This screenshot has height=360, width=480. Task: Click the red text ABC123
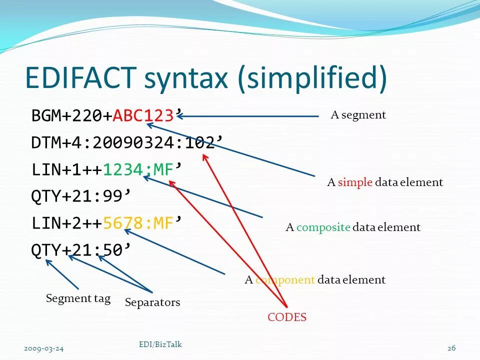142,116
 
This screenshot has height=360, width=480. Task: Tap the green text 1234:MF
137,170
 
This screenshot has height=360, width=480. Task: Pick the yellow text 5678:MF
137,223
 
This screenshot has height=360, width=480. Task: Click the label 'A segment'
358,115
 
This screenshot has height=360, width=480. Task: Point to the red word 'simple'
355,182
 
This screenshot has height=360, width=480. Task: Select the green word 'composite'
323,227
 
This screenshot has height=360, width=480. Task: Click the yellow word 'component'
285,280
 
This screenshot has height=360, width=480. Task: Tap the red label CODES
287,317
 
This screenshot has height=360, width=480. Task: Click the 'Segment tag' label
78,299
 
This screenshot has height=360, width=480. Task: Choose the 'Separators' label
152,302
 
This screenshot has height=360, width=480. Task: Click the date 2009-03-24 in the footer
43,348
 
